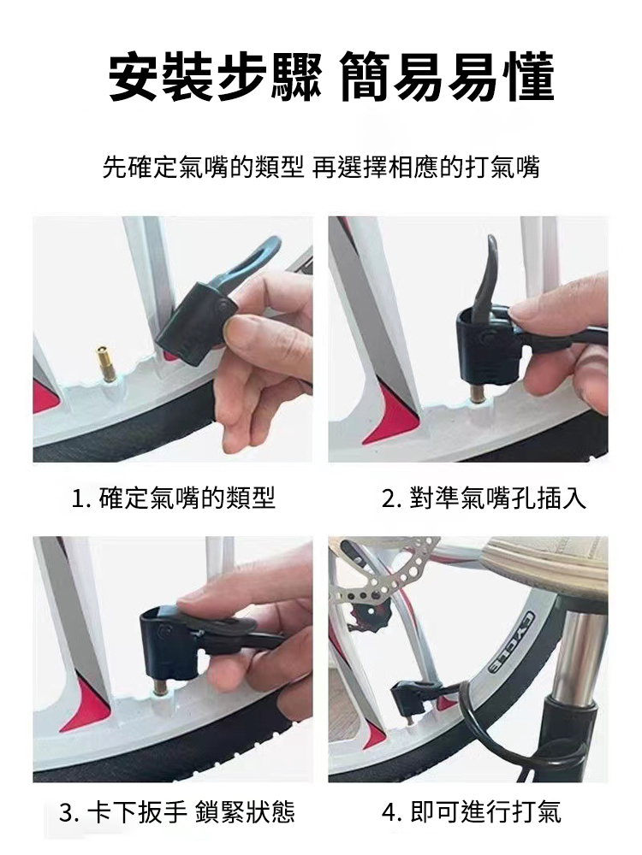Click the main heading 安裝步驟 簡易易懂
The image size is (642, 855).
[x=332, y=78]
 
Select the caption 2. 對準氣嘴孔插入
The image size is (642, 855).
[x=484, y=498]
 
